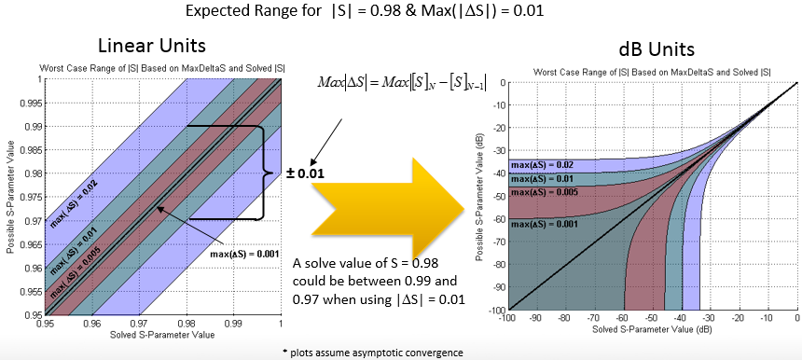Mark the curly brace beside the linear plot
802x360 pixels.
265,172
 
